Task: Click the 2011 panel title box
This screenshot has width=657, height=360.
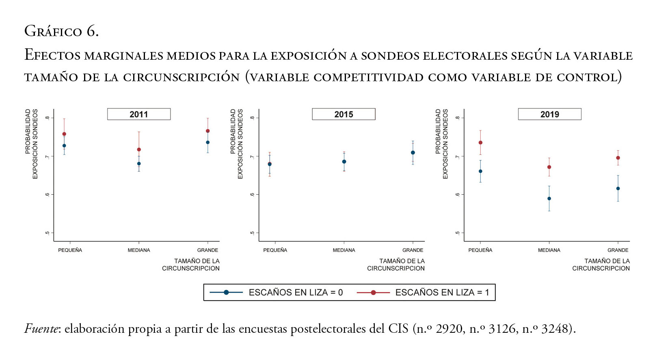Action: click(x=139, y=114)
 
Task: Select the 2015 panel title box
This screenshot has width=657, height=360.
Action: click(x=344, y=114)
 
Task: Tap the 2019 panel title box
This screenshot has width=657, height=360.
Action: click(x=549, y=114)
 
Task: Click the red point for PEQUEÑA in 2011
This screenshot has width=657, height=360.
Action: click(x=64, y=134)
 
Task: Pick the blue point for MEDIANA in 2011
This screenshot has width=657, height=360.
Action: click(x=139, y=164)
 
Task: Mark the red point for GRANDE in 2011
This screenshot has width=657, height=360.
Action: click(x=208, y=131)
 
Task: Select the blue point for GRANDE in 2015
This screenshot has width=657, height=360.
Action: click(x=413, y=153)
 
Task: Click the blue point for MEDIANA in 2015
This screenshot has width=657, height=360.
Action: click(x=344, y=162)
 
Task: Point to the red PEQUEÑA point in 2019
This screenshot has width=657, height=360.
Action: click(x=480, y=143)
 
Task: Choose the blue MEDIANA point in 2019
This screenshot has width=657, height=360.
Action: click(x=549, y=199)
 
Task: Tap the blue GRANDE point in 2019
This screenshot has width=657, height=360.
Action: click(x=618, y=189)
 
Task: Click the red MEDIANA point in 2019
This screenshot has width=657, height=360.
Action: click(x=549, y=167)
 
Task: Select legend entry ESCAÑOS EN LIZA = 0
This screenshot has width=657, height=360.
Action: click(x=296, y=293)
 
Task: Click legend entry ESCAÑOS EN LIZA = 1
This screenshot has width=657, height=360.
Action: click(x=442, y=293)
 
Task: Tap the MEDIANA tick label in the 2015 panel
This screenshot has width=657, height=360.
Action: click(x=344, y=250)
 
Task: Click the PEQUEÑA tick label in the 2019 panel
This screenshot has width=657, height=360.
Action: click(x=480, y=250)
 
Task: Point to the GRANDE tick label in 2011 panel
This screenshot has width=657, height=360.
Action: click(x=207, y=250)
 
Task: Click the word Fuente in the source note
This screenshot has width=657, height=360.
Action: click(x=42, y=328)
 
